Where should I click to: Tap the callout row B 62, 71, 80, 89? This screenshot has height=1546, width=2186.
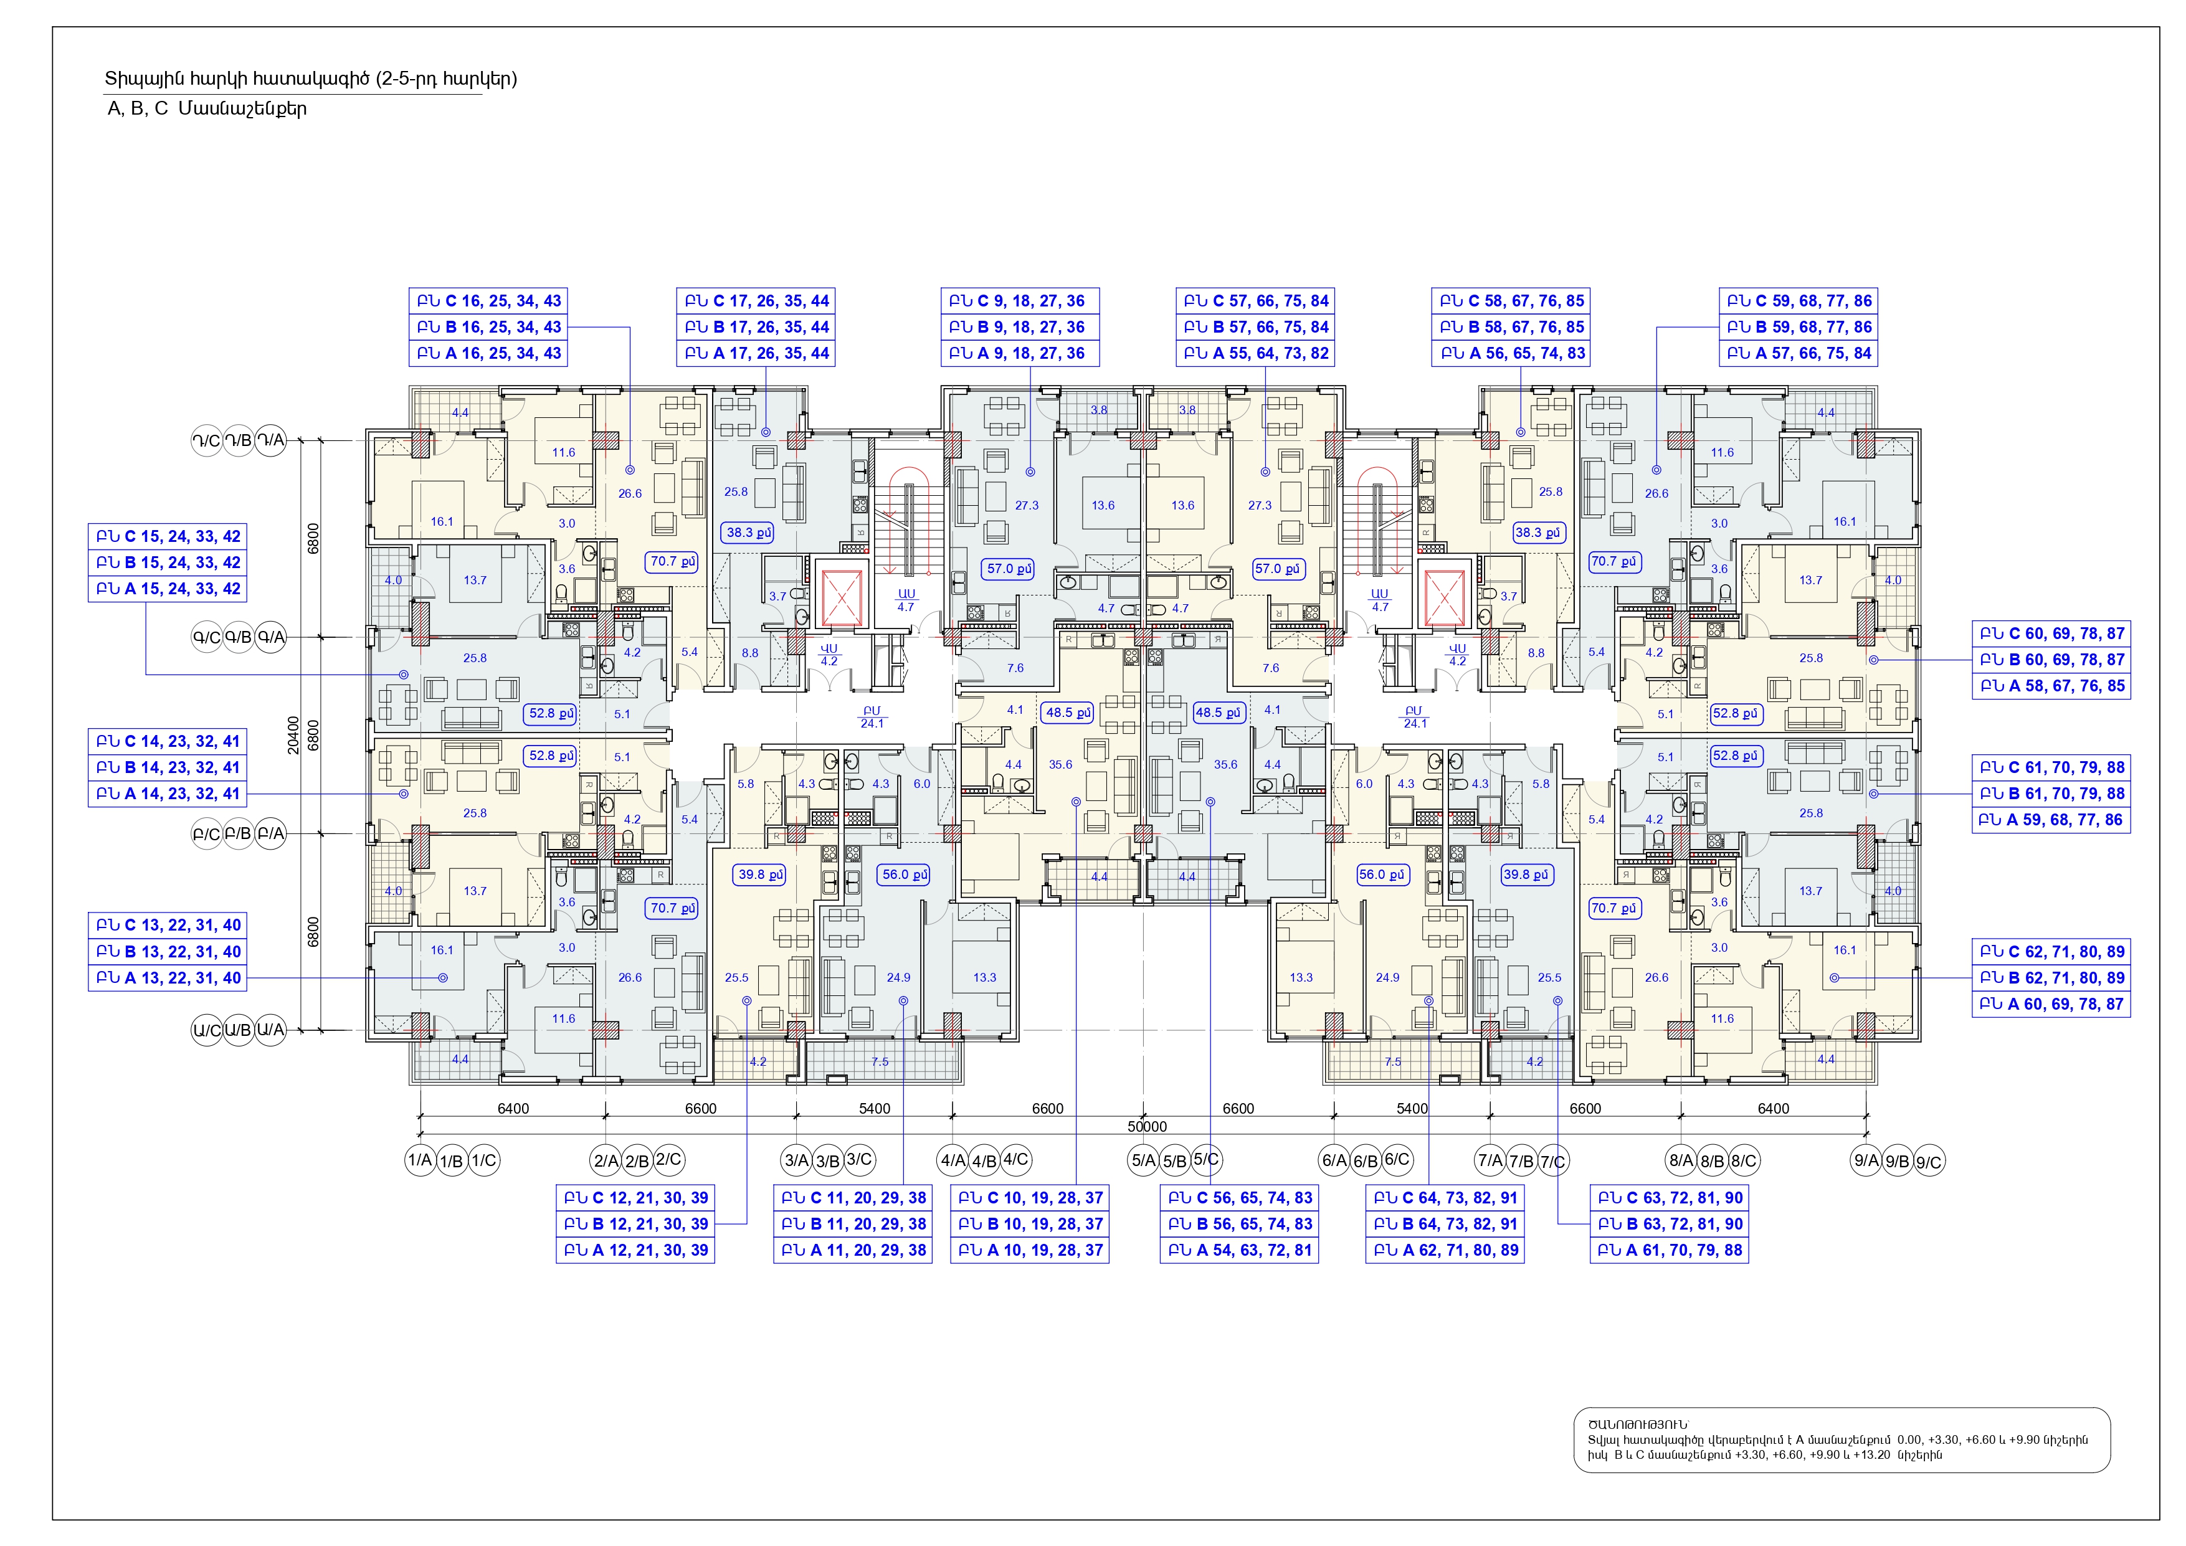coord(2051,978)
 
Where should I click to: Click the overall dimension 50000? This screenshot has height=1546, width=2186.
coord(1146,1126)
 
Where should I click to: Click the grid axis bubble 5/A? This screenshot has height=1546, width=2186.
coord(1143,1160)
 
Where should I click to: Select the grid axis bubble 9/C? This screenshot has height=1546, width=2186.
coord(1929,1162)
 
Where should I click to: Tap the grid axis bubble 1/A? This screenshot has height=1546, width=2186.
coord(420,1160)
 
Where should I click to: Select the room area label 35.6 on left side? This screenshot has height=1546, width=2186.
coord(1061,764)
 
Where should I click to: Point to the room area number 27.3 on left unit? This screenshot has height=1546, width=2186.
coord(1027,506)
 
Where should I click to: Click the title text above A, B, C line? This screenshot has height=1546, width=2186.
coord(310,79)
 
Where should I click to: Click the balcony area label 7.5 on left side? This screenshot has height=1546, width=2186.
coord(880,1061)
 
